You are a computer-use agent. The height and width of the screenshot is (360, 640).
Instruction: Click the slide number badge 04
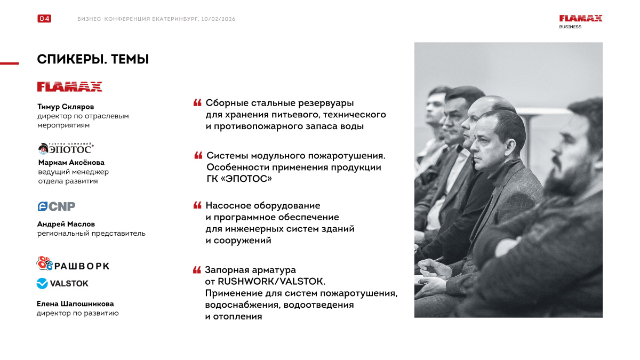pos(44,19)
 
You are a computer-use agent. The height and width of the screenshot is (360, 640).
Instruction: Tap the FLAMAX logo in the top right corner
pos(581,18)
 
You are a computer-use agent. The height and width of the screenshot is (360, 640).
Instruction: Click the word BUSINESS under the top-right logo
pos(570,27)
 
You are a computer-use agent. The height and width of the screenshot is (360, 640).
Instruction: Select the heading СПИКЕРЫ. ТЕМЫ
pos(93,60)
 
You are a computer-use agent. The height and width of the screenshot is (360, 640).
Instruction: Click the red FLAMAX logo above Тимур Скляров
pos(69,86)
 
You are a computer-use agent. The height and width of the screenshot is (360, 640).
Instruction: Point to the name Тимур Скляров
pos(66,107)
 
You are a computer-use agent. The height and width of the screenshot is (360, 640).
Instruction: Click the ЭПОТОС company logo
pos(66,148)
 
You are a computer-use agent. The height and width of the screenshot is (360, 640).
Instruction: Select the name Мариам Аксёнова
pos(71,163)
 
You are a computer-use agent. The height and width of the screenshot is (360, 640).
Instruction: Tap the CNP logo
pos(56,206)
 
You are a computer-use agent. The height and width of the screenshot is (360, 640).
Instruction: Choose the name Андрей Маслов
pos(66,224)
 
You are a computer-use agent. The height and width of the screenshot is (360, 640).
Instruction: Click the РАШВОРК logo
pos(73,265)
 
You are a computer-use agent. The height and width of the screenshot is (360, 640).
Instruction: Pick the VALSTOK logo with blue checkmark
pos(62,284)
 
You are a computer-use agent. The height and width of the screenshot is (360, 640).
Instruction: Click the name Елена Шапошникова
pos(75,304)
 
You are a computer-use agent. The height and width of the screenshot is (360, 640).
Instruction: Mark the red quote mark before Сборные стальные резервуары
pos(197,102)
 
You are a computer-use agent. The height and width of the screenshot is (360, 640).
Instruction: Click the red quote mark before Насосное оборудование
pos(197,205)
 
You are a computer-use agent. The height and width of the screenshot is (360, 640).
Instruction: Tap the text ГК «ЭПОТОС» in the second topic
pos(239,179)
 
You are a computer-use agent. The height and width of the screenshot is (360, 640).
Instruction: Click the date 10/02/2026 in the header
pos(219,19)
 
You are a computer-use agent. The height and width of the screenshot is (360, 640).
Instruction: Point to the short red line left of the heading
pos(9,63)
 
